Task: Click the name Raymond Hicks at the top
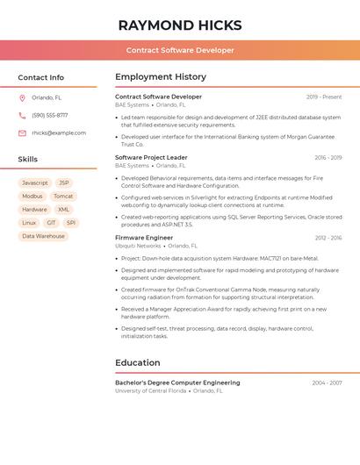[180, 25]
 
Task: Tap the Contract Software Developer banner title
[180, 50]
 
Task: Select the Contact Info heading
[40, 77]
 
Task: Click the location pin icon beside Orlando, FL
[22, 97]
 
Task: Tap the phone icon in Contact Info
[22, 115]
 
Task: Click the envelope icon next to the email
[22, 133]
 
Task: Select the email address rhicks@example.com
[59, 133]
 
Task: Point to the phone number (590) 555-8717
[49, 115]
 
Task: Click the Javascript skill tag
[35, 183]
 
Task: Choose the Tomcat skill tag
[62, 197]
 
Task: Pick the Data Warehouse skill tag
[43, 236]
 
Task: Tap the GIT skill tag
[51, 223]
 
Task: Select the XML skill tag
[63, 210]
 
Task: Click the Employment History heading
[160, 77]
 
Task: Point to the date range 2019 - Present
[324, 97]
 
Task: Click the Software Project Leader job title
[151, 158]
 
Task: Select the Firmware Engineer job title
[144, 238]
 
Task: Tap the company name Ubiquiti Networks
[138, 246]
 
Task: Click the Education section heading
[137, 362]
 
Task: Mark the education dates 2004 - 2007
[327, 383]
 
